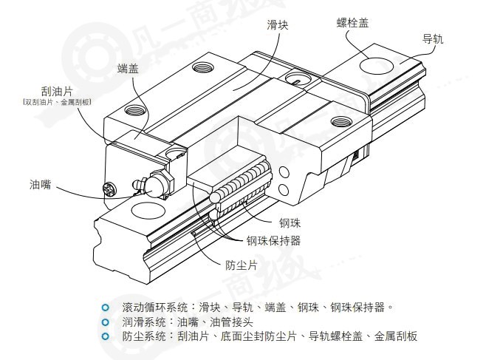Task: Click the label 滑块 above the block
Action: [278, 24]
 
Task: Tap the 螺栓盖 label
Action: [353, 22]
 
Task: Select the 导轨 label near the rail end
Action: [433, 39]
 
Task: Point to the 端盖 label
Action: [128, 68]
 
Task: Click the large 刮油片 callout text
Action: [57, 91]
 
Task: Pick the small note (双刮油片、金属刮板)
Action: [57, 102]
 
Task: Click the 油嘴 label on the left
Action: [40, 184]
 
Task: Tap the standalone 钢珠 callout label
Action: [290, 223]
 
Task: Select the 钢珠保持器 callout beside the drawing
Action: [273, 241]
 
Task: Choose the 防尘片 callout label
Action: [241, 265]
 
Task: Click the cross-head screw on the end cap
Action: [110, 189]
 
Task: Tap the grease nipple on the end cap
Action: [154, 185]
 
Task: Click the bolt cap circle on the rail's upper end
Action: [376, 66]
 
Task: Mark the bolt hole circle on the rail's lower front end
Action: [148, 210]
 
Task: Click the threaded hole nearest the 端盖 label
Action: [135, 110]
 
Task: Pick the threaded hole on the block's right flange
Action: [341, 121]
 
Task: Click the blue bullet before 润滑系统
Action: [105, 322]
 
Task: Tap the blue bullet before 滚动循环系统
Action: [105, 308]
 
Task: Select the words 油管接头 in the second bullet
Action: [231, 322]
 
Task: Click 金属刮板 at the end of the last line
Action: [396, 336]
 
